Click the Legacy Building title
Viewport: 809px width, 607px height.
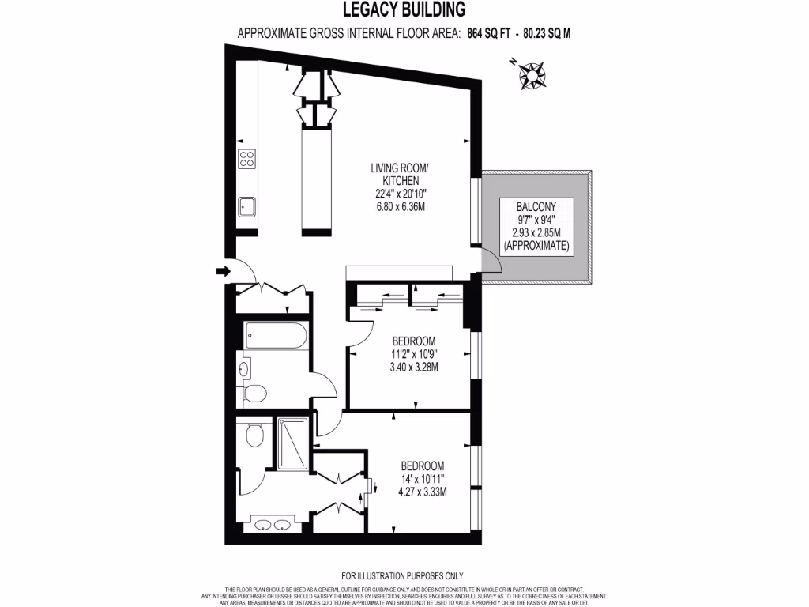point(404,9)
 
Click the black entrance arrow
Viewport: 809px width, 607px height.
point(222,272)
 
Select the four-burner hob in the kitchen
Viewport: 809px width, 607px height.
point(247,158)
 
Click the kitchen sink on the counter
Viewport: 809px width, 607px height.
point(246,207)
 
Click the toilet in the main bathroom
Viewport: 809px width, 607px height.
point(255,392)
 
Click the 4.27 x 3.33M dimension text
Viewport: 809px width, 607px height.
point(422,492)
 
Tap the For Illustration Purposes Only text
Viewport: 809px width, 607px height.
point(402,576)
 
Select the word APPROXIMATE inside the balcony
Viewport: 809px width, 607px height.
point(536,247)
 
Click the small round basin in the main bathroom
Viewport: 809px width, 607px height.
point(243,368)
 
